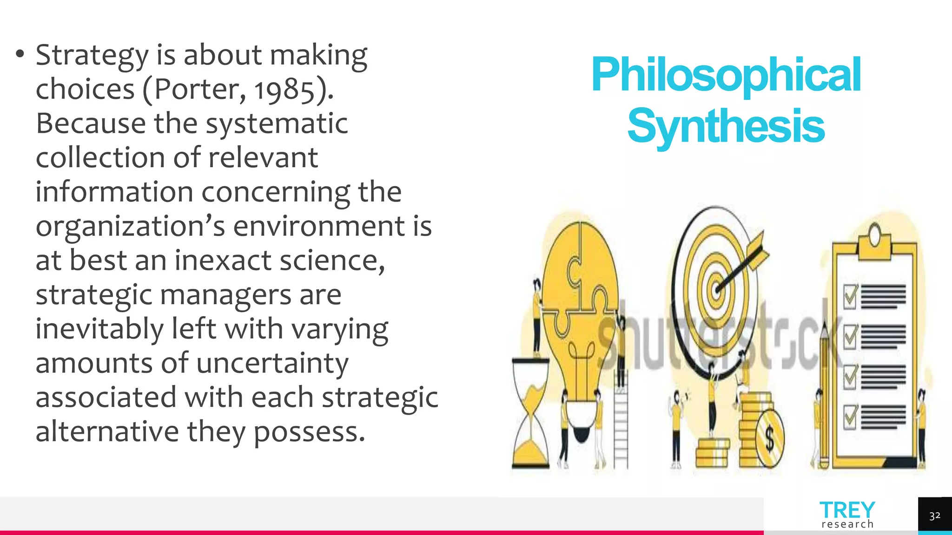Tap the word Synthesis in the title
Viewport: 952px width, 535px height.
[x=726, y=126]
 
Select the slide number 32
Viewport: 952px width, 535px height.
[x=935, y=516]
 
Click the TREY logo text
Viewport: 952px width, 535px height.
[x=847, y=510]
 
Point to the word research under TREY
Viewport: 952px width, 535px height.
[x=847, y=524]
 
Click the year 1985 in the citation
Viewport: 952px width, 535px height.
[x=284, y=90]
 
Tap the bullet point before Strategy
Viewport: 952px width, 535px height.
[x=20, y=55]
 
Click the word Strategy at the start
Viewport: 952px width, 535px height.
[x=92, y=56]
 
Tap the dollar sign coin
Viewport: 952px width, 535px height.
[x=769, y=438]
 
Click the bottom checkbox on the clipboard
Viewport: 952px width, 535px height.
[x=851, y=417]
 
